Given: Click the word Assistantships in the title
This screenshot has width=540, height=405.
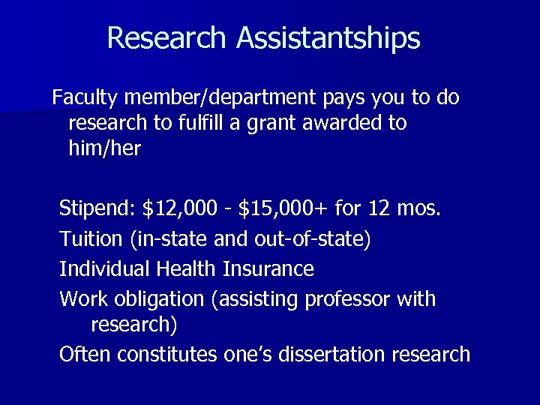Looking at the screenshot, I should pos(328,38).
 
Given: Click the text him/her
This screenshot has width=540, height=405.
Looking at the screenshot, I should pos(104,148).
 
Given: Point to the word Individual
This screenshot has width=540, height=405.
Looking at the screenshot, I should pos(105,268).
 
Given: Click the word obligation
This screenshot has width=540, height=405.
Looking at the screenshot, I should pos(160,298).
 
